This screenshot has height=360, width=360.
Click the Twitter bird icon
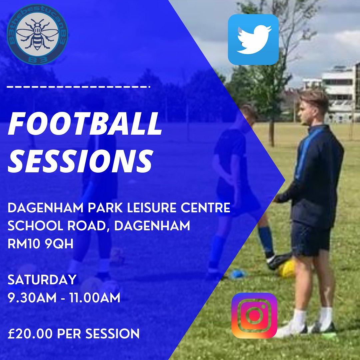[x=253, y=39]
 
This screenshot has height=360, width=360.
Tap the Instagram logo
[x=254, y=315]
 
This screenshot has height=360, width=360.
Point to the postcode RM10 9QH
[x=40, y=244]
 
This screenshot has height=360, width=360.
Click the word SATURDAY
[x=42, y=280]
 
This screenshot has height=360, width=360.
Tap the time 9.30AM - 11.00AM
[x=64, y=297]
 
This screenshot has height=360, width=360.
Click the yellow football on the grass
[x=287, y=269]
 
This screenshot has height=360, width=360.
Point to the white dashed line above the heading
[x=78, y=87]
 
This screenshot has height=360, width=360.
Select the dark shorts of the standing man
[x=311, y=238]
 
